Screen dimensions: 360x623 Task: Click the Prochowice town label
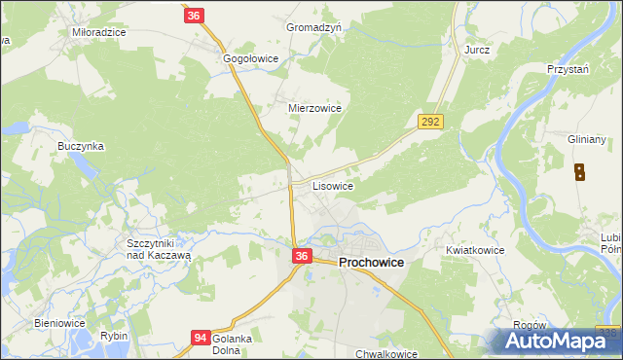372,263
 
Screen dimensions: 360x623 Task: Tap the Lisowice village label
332,185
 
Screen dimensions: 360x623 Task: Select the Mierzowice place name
314,109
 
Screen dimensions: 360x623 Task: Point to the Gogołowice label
251,59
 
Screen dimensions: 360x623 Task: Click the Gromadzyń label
313,28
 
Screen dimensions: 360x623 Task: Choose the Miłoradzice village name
99,32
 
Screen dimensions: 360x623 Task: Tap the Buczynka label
81,146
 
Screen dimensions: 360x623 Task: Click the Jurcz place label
477,49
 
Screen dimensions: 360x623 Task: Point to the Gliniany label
587,140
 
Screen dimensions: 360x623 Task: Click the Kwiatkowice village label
475,250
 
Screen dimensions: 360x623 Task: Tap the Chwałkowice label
386,354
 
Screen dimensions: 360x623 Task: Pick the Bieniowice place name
60,322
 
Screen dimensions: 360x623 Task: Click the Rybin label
114,336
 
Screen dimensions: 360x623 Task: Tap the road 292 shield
431,122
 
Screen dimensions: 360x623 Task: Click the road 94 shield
201,338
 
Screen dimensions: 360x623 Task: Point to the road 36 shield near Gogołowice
194,16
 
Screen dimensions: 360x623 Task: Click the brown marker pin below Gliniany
580,173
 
